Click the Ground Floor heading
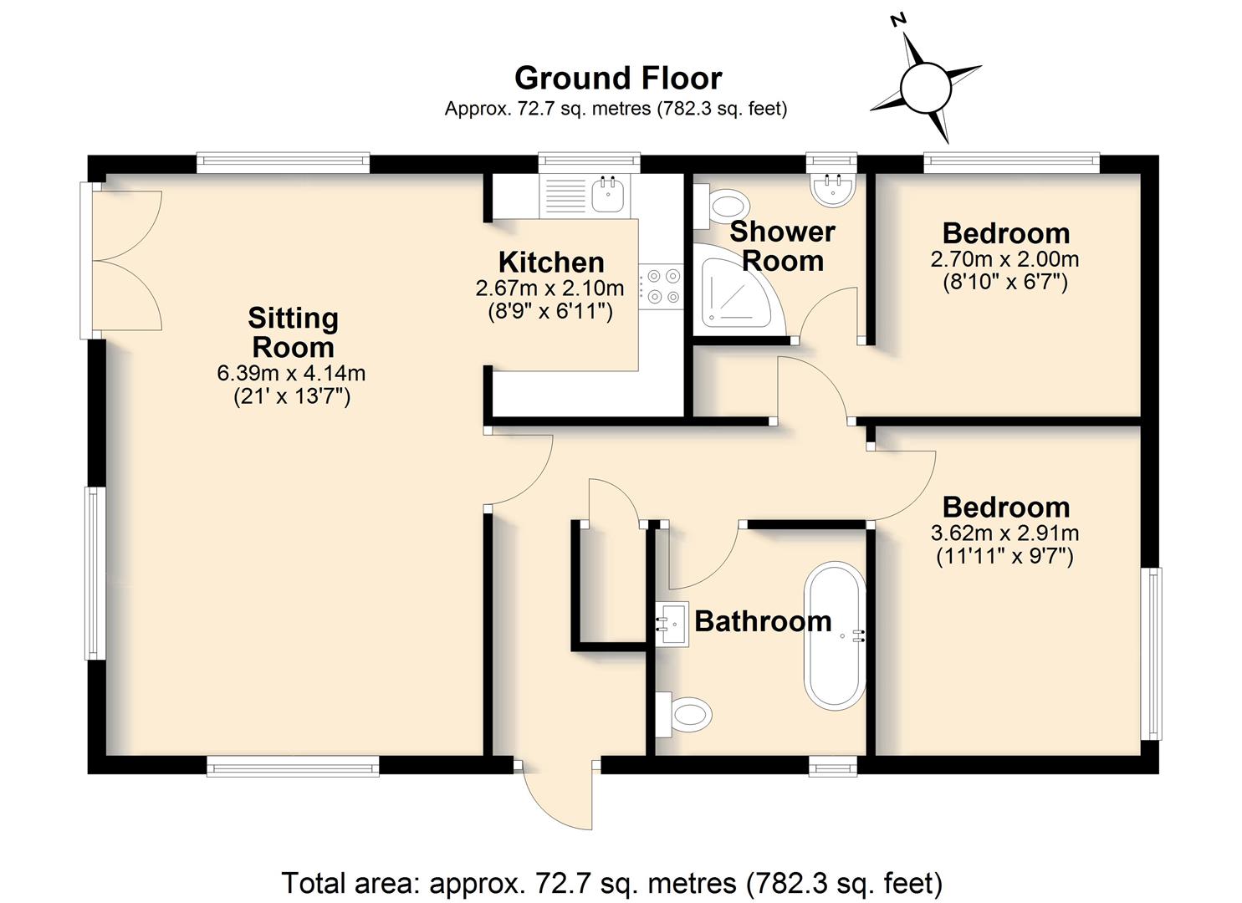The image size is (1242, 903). [x=618, y=78]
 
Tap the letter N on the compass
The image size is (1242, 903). [x=897, y=21]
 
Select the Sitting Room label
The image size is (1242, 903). [x=293, y=333]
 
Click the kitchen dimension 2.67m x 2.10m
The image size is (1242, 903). [x=549, y=288]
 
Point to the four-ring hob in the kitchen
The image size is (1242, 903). [x=661, y=286]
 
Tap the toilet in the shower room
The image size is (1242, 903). [x=721, y=207]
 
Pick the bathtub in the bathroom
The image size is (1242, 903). [x=835, y=635]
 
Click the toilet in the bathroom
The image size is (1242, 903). [x=683, y=715]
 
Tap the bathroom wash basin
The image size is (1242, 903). [x=672, y=625]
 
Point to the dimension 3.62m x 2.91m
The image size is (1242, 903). [x=1004, y=533]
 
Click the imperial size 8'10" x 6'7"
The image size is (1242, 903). [x=1004, y=283]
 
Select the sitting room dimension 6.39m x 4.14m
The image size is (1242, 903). [x=291, y=373]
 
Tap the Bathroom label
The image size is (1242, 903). [x=763, y=621]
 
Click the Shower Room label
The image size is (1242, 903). [x=782, y=246]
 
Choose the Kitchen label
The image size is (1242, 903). [x=551, y=263]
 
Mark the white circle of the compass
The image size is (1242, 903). [x=925, y=88]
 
